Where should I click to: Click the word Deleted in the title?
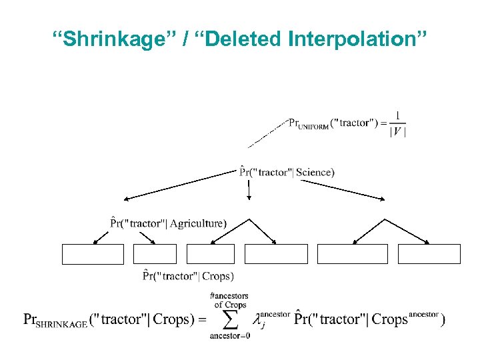pos(243,41)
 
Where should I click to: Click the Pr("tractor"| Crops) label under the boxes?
pos(189,275)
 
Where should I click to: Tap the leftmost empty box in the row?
pos(93,254)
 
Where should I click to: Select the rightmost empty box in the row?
pos(429,254)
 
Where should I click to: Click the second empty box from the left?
pos(155,254)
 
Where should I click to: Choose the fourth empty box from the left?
pos(276,254)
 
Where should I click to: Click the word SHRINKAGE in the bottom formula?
pos(63,323)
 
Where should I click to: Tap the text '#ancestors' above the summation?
pos(229,296)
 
